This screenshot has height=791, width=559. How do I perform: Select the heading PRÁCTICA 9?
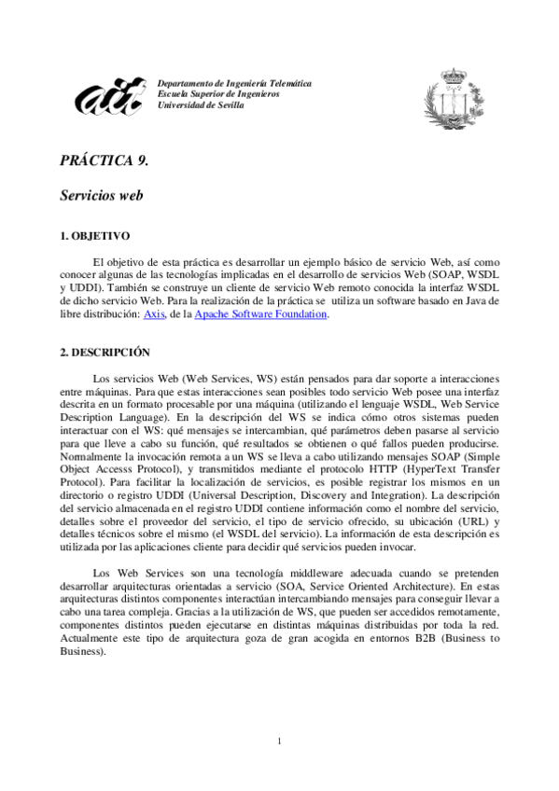104,160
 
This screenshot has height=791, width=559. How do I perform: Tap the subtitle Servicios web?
101,197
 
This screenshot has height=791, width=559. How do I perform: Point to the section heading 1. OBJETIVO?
94,237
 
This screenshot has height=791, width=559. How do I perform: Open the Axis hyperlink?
153,315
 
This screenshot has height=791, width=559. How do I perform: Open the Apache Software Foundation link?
260,315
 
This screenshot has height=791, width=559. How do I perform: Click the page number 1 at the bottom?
279,742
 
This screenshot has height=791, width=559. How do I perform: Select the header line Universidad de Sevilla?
202,105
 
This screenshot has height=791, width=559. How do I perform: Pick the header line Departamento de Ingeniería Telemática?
234,84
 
